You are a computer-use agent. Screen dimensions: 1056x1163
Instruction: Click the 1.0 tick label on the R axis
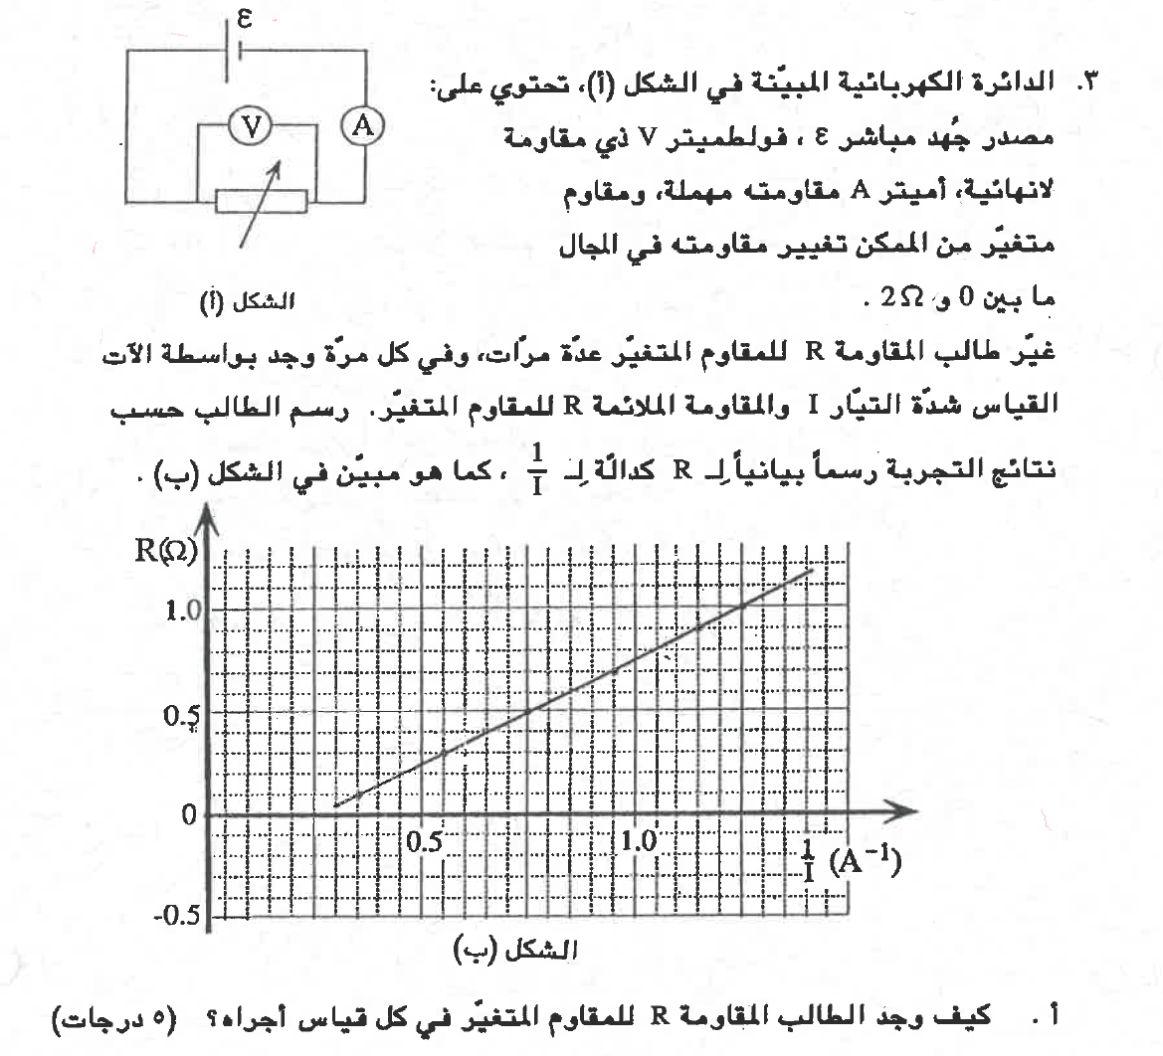[x=184, y=608]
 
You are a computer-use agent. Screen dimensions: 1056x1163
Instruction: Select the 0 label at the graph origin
[x=188, y=816]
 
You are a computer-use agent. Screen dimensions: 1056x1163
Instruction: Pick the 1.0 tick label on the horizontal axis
[x=638, y=840]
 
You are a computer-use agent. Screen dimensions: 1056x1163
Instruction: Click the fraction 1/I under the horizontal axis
[x=810, y=860]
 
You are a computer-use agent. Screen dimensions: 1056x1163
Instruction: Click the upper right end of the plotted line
[x=812, y=570]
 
